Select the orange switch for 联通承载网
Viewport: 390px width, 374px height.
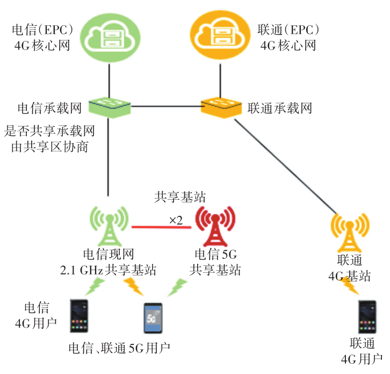(x=221, y=107)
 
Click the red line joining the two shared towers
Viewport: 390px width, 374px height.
(x=162, y=227)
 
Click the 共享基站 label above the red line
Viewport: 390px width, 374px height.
(x=173, y=197)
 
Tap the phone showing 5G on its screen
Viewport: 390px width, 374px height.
(x=151, y=318)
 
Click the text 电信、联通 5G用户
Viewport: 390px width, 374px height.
(x=119, y=348)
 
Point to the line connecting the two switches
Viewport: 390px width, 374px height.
(x=167, y=106)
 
